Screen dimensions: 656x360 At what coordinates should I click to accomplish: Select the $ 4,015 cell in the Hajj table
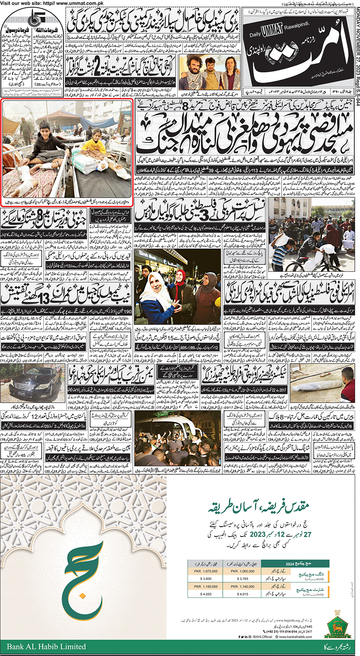243,594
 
